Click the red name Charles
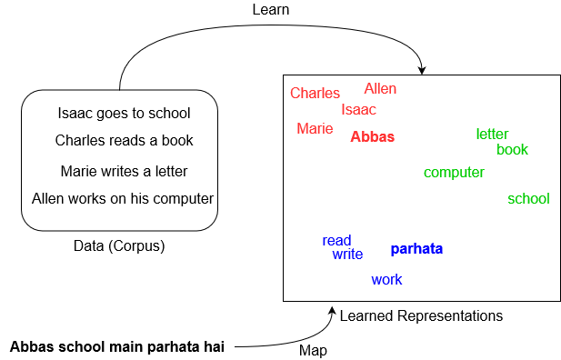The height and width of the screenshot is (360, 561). click(x=315, y=93)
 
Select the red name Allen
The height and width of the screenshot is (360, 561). click(x=380, y=89)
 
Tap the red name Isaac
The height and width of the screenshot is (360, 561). click(x=358, y=110)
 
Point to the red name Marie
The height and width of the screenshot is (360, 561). click(x=315, y=129)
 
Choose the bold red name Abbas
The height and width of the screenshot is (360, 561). click(x=372, y=137)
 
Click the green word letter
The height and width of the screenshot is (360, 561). click(x=492, y=135)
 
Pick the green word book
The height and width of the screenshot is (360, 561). click(x=512, y=150)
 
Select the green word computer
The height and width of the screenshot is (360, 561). click(x=454, y=173)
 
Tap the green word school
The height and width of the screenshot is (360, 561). click(x=528, y=199)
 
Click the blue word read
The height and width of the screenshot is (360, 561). click(x=336, y=241)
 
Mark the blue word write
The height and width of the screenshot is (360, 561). click(x=347, y=255)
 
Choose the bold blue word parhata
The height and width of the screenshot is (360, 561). click(x=416, y=249)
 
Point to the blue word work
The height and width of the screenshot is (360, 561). click(x=386, y=280)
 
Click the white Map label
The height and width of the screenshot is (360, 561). click(x=313, y=351)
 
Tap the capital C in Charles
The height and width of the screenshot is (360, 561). click(x=295, y=93)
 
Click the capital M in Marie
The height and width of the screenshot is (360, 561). click(x=302, y=129)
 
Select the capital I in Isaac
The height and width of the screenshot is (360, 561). click(x=343, y=110)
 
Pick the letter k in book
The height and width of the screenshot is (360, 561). click(x=525, y=150)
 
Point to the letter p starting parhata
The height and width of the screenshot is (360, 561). click(x=395, y=250)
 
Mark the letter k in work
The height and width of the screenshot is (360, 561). click(x=398, y=280)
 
